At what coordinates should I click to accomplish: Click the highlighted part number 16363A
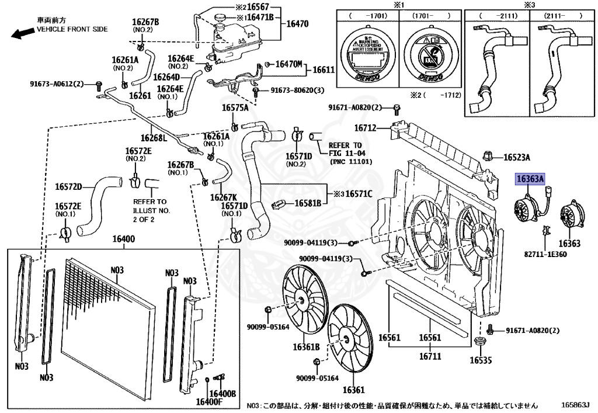pos(529,179)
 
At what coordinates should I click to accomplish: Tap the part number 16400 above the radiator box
pos(124,240)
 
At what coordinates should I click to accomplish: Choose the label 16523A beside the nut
pos(517,157)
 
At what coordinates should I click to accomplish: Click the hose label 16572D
pos(69,188)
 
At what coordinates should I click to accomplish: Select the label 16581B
pos(307,203)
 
